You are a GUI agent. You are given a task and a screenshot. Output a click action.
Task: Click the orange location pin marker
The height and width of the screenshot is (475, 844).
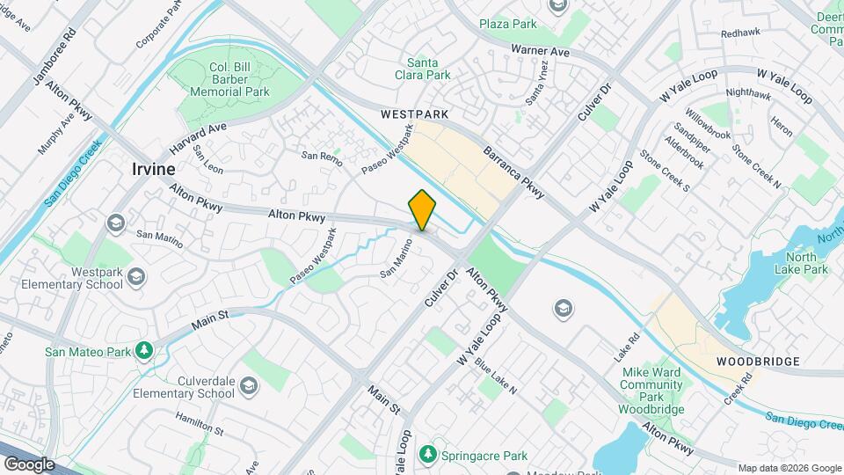click(x=423, y=210)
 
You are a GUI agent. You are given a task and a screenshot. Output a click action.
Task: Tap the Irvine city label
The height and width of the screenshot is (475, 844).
click(x=153, y=169)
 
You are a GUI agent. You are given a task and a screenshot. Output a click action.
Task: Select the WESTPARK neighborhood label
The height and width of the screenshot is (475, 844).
click(x=415, y=114)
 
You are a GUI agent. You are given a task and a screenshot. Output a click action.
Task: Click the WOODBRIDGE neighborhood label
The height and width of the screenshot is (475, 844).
click(x=757, y=362)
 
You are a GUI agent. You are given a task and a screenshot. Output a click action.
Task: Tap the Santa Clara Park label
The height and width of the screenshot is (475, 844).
click(x=428, y=69)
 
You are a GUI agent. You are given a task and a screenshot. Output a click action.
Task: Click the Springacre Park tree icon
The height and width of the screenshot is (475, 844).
click(x=428, y=455)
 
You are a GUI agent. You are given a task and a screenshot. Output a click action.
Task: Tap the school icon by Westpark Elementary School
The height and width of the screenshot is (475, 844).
click(x=135, y=277)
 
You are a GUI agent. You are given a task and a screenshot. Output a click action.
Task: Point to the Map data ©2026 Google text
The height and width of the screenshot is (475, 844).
click(x=789, y=468)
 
